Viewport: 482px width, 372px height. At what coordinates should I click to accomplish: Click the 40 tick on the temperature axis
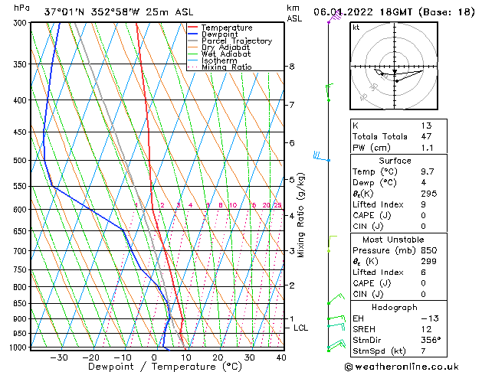pyautogui.click(x=281, y=357)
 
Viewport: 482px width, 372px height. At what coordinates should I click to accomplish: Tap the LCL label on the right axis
pyautogui.click(x=301, y=328)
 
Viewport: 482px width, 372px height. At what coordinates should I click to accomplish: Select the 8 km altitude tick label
pyautogui.click(x=292, y=67)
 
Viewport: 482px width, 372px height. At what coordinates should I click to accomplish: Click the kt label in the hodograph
pyautogui.click(x=356, y=27)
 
